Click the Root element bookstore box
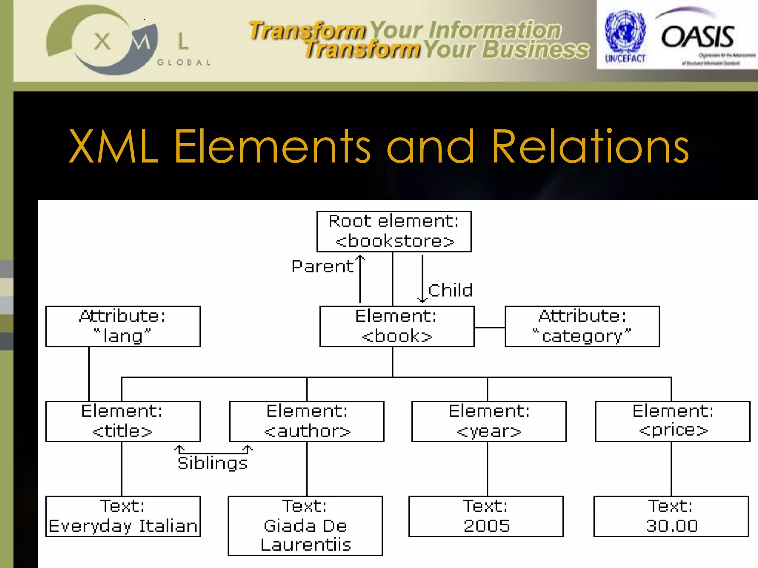(x=394, y=231)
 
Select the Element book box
(x=397, y=326)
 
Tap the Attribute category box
(x=582, y=326)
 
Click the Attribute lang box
(x=123, y=326)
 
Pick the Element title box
(x=123, y=421)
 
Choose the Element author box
(x=306, y=421)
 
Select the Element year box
(x=489, y=421)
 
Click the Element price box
(x=673, y=421)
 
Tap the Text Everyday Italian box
(x=123, y=516)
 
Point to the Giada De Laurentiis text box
(x=305, y=525)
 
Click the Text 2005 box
(x=486, y=516)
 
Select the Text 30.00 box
(x=671, y=516)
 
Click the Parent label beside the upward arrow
(x=322, y=267)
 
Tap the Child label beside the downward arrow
(x=450, y=290)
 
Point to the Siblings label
(x=212, y=463)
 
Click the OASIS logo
(x=698, y=37)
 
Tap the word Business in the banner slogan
(x=535, y=50)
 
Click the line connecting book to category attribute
(x=489, y=328)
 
